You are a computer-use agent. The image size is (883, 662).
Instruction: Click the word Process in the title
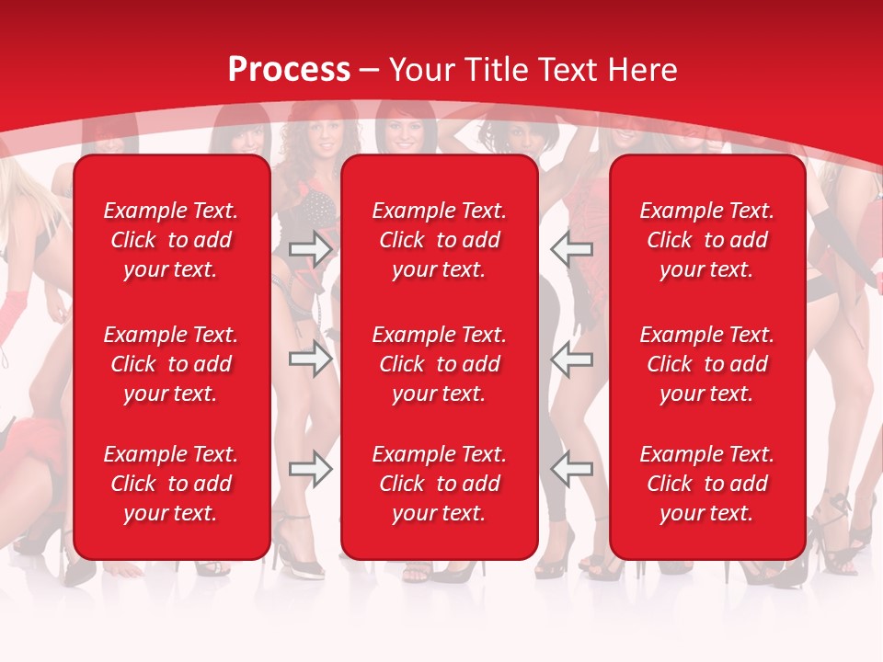click(289, 70)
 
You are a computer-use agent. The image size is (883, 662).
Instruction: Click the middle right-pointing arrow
click(311, 359)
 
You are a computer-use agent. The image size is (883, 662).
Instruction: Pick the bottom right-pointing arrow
click(311, 469)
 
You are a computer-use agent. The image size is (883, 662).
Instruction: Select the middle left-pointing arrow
click(571, 359)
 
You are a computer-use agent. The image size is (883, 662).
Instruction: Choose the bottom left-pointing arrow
click(571, 469)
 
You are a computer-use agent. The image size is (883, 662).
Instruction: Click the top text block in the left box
click(171, 240)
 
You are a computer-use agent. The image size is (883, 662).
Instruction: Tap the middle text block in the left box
click(171, 364)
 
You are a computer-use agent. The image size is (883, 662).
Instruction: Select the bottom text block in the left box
click(171, 484)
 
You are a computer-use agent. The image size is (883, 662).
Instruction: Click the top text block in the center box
click(439, 240)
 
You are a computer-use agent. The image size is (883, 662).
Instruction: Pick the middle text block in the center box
click(439, 364)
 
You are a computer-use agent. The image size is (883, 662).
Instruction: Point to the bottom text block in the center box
click(439, 484)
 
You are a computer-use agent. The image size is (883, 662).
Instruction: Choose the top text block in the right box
click(706, 240)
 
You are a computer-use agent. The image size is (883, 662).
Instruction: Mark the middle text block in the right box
click(706, 364)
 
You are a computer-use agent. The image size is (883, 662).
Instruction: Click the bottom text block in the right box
click(706, 484)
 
